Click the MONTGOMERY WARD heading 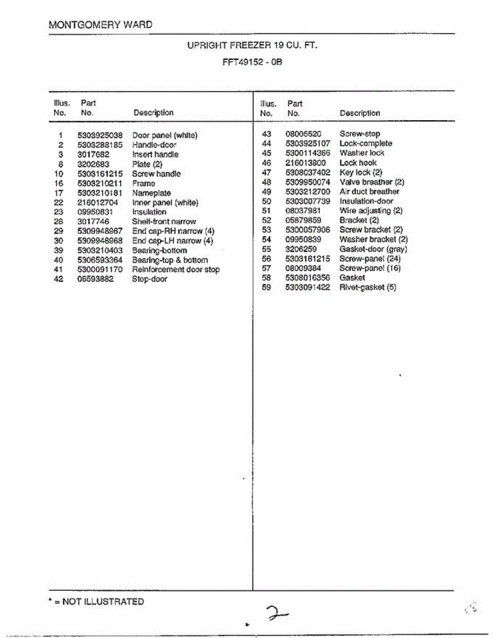point(100,25)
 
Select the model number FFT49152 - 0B point(252,62)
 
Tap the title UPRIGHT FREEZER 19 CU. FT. point(252,46)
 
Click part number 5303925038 point(99,136)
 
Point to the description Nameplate point(152,193)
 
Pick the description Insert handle point(155,155)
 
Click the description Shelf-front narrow point(164,222)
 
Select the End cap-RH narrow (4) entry point(173,231)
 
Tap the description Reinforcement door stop point(176,270)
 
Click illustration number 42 point(59,279)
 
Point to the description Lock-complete point(365,144)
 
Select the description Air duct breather point(369,191)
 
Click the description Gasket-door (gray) point(373,249)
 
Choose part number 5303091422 point(307,288)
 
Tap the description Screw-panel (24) point(370,259)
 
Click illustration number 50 point(266,201)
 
